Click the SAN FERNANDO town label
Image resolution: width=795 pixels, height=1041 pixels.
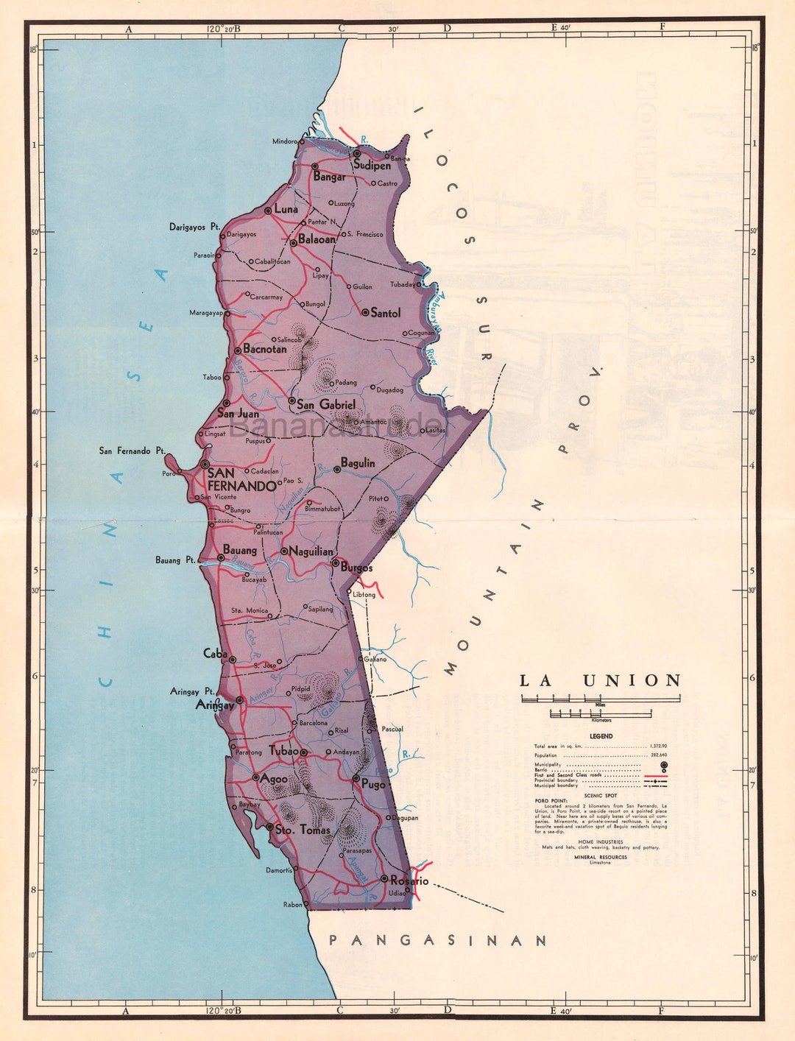click(x=241, y=479)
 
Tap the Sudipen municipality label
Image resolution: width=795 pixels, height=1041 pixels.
click(x=372, y=166)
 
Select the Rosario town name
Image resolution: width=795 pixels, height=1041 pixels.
click(x=409, y=881)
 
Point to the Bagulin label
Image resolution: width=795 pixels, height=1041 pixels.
click(x=358, y=463)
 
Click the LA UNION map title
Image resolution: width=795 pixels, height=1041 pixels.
click(x=601, y=681)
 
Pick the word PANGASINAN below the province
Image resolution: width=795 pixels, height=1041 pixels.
click(x=438, y=940)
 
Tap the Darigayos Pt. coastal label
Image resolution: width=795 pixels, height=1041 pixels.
click(x=194, y=227)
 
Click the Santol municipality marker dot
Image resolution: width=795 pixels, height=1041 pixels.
click(x=365, y=312)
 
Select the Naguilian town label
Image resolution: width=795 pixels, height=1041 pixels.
click(x=311, y=551)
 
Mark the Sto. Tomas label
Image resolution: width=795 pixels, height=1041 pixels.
click(x=303, y=830)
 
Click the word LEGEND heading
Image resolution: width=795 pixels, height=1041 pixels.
click(x=601, y=736)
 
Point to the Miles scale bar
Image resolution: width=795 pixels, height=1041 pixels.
click(x=601, y=699)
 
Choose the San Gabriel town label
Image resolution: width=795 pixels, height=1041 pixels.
click(x=326, y=405)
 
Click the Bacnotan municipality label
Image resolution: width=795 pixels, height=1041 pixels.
click(x=265, y=349)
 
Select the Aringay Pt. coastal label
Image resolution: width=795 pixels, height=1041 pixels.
click(x=192, y=691)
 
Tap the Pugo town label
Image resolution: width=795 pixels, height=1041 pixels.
click(x=373, y=786)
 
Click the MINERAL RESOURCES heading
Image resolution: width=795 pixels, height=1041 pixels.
click(x=601, y=857)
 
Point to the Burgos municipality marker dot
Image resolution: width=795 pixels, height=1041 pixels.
click(x=335, y=564)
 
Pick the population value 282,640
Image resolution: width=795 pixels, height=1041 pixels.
click(x=658, y=755)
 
